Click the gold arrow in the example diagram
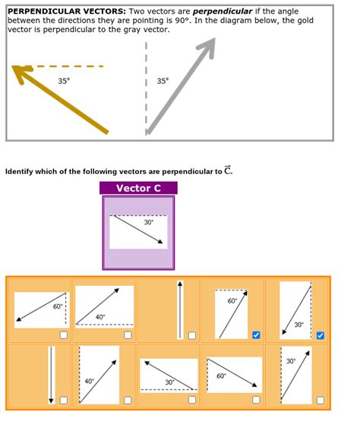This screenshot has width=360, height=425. (x=61, y=100)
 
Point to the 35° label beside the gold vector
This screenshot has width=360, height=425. (x=64, y=81)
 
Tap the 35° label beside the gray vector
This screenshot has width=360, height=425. (x=163, y=81)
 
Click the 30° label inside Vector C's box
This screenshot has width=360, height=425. (x=148, y=222)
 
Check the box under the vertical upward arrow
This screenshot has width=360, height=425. (x=191, y=335)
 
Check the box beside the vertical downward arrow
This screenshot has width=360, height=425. (x=63, y=400)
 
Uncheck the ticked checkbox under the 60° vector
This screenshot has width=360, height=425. (x=256, y=335)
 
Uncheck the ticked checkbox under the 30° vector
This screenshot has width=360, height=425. (x=321, y=335)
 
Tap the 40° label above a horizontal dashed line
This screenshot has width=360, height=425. (x=100, y=316)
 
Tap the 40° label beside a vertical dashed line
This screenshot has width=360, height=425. (x=89, y=381)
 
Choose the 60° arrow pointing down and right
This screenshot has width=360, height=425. (x=233, y=371)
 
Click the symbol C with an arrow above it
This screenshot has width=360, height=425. (x=228, y=170)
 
